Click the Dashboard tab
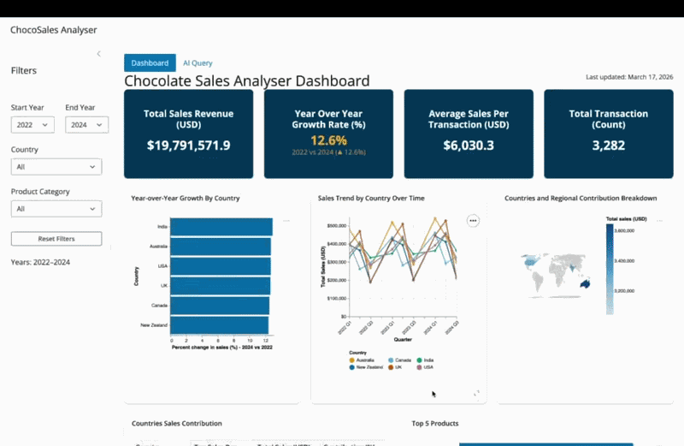click(150, 62)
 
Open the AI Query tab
click(198, 62)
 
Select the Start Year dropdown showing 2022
click(32, 125)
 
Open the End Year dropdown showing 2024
click(86, 125)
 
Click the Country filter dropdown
click(56, 167)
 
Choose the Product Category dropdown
click(56, 208)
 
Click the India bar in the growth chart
click(221, 227)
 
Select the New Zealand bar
click(219, 325)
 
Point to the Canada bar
click(220, 306)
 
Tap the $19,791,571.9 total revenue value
click(188, 146)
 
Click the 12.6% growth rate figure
click(328, 140)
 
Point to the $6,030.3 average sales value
click(469, 146)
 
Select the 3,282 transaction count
click(609, 146)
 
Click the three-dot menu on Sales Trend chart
click(473, 220)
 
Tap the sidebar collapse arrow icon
click(98, 54)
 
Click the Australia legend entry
click(364, 360)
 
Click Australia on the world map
click(585, 283)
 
